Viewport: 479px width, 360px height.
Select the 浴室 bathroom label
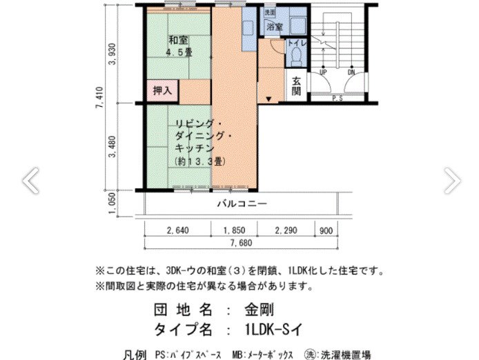point(275,26)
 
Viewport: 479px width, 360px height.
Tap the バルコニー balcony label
point(242,203)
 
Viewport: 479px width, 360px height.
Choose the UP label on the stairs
point(322,71)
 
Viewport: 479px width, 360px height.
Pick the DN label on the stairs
point(351,71)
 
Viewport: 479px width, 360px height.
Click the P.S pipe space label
point(338,99)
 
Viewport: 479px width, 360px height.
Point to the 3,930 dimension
point(113,57)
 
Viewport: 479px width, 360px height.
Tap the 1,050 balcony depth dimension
point(113,204)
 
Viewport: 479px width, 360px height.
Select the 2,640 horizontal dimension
point(179,230)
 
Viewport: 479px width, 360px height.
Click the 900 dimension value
point(326,230)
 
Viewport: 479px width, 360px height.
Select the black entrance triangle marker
point(268,101)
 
